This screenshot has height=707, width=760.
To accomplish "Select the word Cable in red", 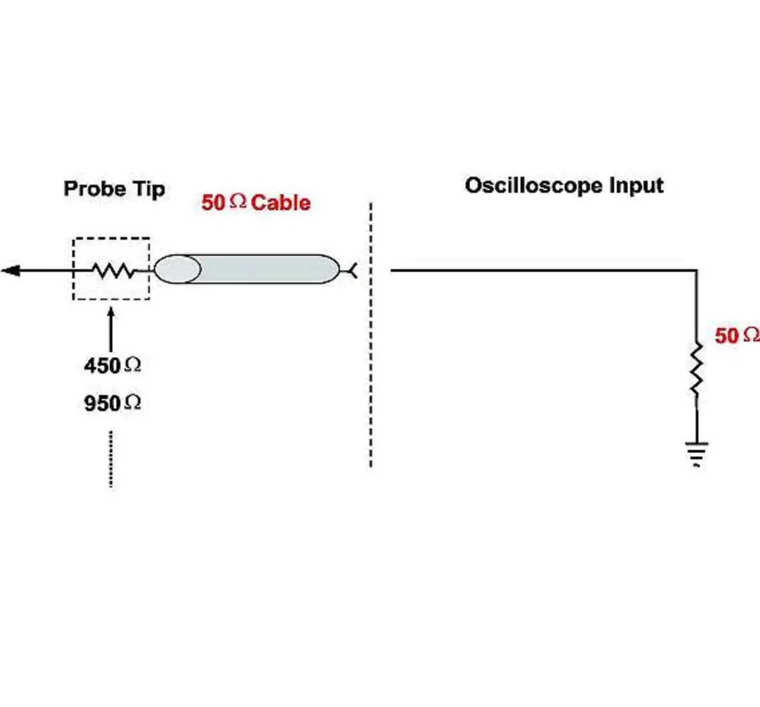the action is (281, 203).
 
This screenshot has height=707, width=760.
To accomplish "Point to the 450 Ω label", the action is (112, 365).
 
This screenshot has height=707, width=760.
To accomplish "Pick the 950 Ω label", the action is (112, 403).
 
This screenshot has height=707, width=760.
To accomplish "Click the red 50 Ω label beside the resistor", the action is (737, 336).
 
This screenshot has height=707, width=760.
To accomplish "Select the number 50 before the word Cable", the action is (213, 203).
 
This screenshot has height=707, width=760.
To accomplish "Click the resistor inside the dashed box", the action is (113, 271).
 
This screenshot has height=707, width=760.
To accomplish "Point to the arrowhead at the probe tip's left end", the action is (11, 271).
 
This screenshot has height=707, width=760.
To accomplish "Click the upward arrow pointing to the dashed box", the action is (111, 329).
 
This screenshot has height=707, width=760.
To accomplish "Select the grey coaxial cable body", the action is (247, 269).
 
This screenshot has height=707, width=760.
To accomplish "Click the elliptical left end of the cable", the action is (178, 269).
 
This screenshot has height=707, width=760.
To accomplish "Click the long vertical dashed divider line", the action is (370, 335).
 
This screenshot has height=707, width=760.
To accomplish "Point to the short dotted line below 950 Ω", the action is (111, 459).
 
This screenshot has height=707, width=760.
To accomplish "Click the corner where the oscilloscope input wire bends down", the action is (696, 270).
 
